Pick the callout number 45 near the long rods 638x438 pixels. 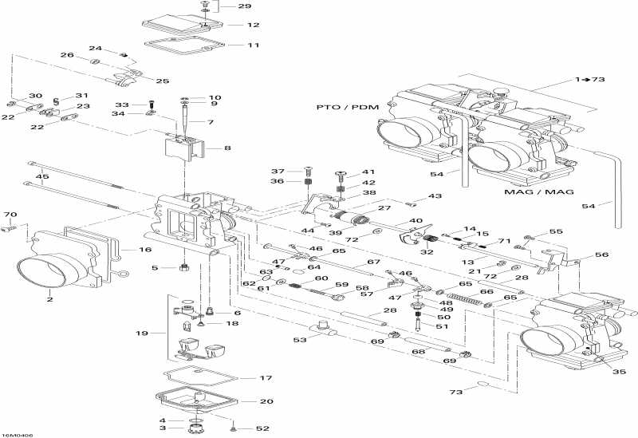42,176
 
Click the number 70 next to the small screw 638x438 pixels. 10,215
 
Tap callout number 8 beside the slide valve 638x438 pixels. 227,148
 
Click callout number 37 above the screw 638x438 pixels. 277,172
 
